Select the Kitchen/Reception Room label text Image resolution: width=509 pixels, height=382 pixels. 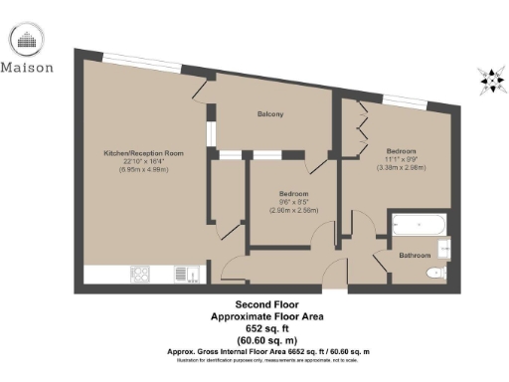(x=144, y=153)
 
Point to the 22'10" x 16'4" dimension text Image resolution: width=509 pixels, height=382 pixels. (x=144, y=162)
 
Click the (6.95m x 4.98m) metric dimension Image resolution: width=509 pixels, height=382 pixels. (x=144, y=171)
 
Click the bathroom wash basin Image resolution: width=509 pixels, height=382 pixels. (x=443, y=246)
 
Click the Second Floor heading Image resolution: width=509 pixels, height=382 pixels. (x=267, y=304)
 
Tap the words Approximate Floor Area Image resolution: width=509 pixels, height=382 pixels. (x=267, y=316)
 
